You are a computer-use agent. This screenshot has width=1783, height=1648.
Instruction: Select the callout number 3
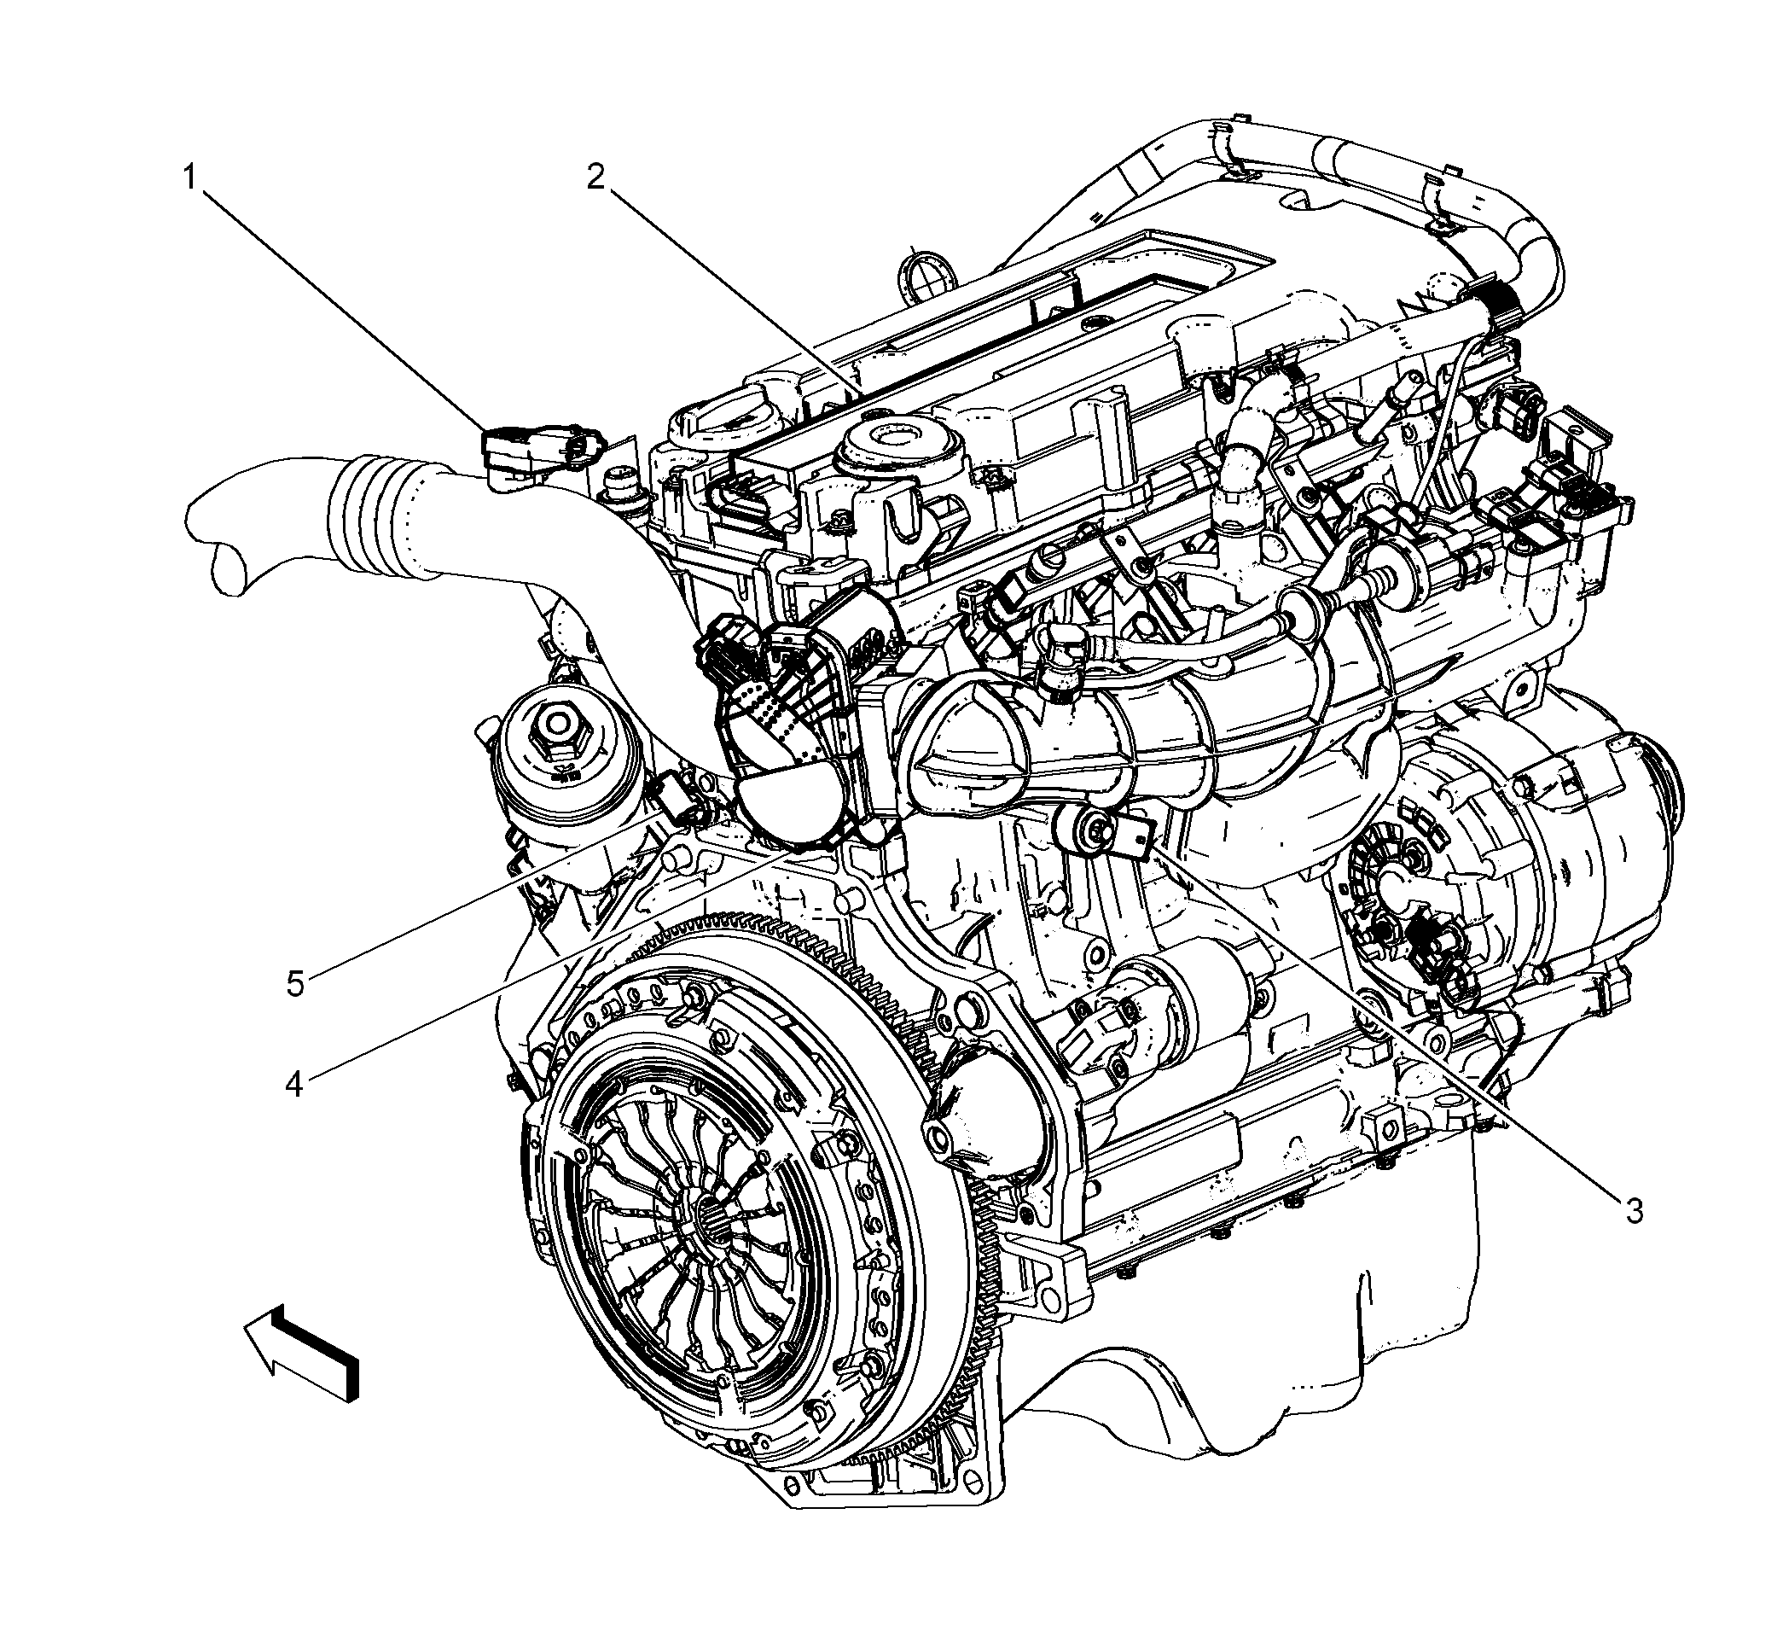pyautogui.click(x=1632, y=1210)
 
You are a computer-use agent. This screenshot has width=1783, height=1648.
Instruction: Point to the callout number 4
pyautogui.click(x=295, y=1085)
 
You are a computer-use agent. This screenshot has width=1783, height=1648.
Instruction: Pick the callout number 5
pyautogui.click(x=295, y=985)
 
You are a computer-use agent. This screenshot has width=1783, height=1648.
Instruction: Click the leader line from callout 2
pyautogui.click(x=733, y=289)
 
